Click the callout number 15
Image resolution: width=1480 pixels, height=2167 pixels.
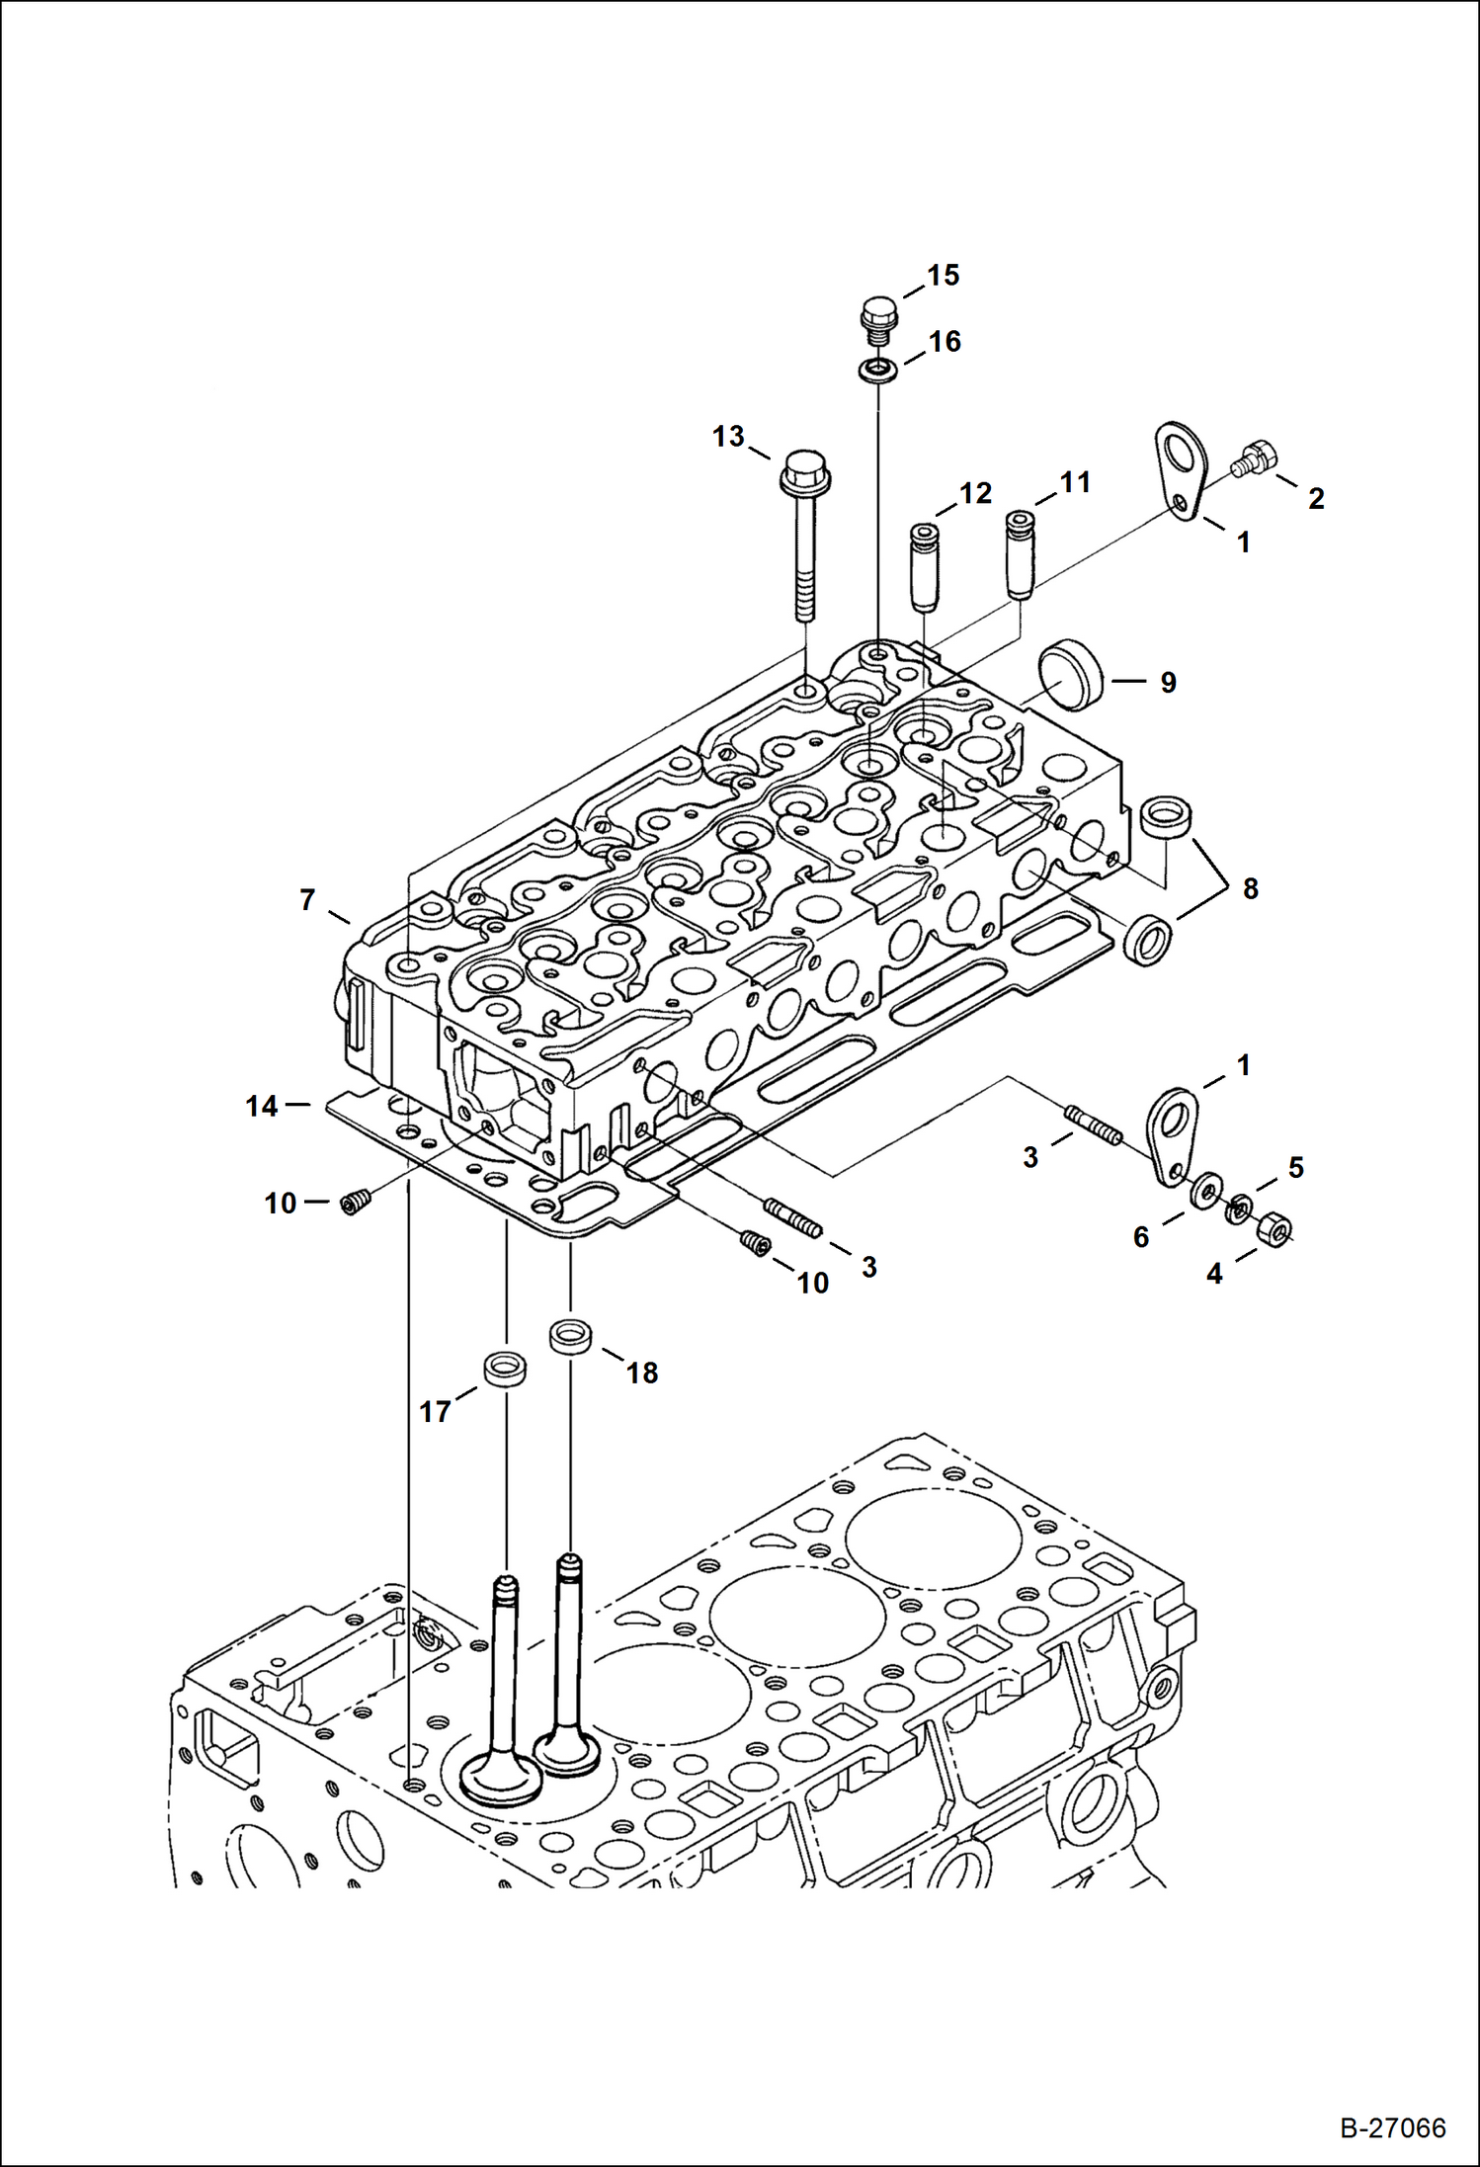click(x=944, y=276)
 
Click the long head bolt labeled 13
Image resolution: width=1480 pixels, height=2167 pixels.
click(x=805, y=534)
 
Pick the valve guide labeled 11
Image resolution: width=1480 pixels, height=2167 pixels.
click(x=1021, y=554)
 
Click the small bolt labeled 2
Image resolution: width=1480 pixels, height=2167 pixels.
click(x=1255, y=458)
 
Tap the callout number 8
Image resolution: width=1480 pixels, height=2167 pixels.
click(x=1251, y=888)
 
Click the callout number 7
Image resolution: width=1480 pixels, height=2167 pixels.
click(x=307, y=900)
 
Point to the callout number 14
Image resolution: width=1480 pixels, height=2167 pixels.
click(x=262, y=1106)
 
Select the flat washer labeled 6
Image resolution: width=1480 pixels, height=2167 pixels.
click(x=1203, y=1193)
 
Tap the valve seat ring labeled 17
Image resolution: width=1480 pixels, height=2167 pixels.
click(x=504, y=1370)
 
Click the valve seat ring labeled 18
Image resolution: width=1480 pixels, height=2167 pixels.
click(x=570, y=1338)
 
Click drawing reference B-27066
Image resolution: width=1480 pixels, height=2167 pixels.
click(x=1393, y=2128)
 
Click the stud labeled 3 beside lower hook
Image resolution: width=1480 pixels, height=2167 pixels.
click(x=1093, y=1125)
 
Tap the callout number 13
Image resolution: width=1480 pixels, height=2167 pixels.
click(x=728, y=436)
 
